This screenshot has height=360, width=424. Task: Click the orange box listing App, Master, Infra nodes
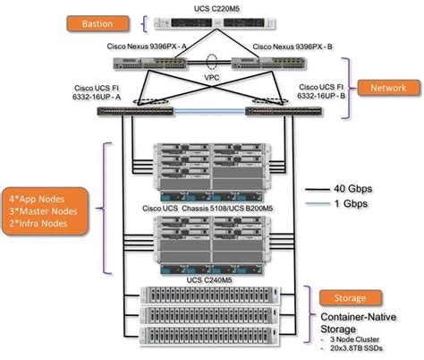coord(45,206)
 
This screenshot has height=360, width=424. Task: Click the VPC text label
coord(212,78)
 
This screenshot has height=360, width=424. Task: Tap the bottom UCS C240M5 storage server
coord(212,337)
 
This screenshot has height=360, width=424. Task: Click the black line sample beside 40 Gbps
coord(319,191)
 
